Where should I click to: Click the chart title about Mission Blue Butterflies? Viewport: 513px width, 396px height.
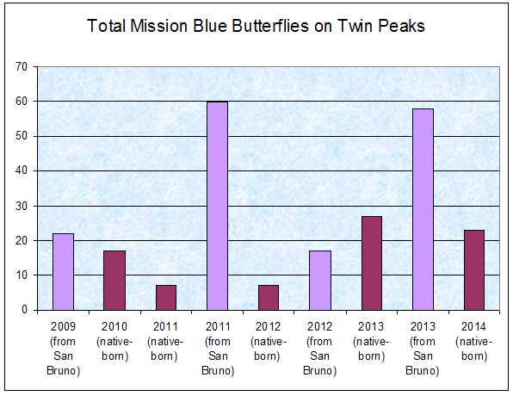[x=256, y=27]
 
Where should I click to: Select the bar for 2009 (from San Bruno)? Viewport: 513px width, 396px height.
[x=63, y=271]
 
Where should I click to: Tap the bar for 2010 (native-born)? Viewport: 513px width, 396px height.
[x=114, y=280]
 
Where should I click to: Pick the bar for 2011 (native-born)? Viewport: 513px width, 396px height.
[x=166, y=297]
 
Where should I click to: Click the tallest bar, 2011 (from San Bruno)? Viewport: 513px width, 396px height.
[x=217, y=206]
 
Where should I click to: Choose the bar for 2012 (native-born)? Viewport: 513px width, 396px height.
[x=269, y=297]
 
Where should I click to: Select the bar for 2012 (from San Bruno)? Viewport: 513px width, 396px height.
[x=319, y=280]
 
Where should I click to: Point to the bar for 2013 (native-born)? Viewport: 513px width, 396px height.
[x=371, y=263]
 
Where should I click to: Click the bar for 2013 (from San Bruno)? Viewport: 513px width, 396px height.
[x=422, y=209]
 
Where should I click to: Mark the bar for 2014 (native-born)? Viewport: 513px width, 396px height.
[x=473, y=269]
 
